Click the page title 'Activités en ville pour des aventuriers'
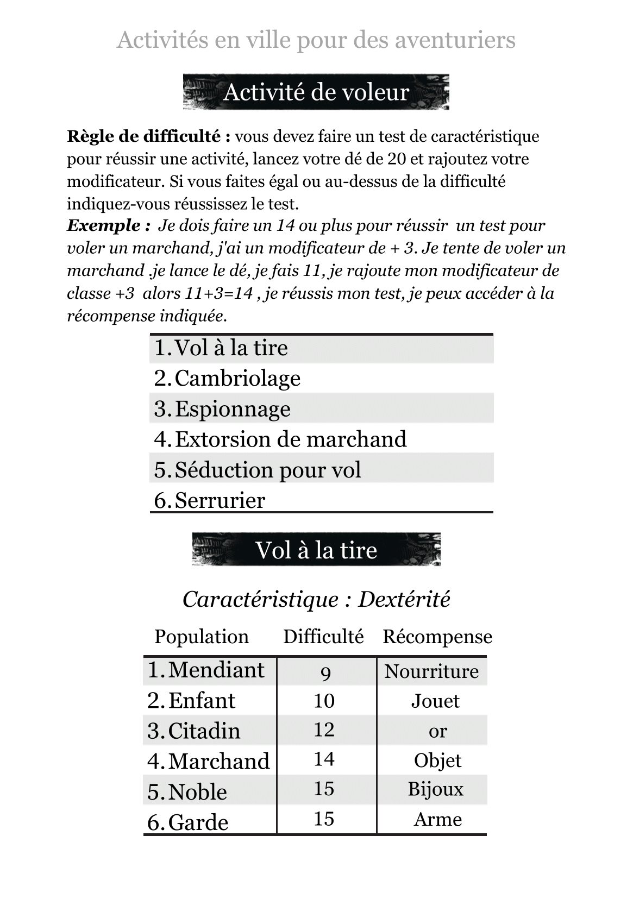(316, 40)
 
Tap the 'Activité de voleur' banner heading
(316, 92)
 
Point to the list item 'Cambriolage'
(237, 379)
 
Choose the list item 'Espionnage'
(233, 409)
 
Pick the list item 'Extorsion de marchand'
(291, 439)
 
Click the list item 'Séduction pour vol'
(268, 470)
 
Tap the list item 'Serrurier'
(220, 500)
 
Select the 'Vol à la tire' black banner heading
(316, 550)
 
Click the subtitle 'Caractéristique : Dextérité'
(316, 600)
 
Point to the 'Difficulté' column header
(323, 637)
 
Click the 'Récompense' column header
(437, 637)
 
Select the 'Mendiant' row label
(216, 670)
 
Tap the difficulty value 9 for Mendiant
(325, 674)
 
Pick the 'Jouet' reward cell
(435, 701)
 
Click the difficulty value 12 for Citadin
(324, 730)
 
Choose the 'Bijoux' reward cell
(436, 789)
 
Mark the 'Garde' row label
(198, 822)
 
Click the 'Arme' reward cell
(437, 819)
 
